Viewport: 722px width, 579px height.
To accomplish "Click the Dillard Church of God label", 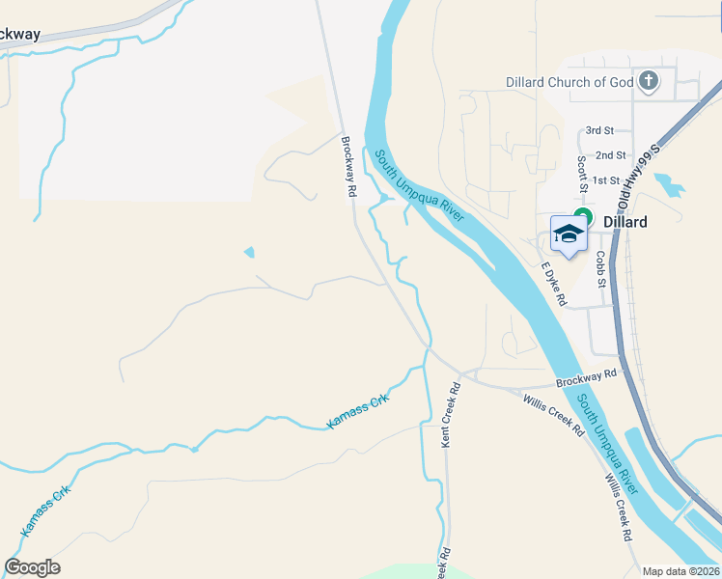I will pos(569,82).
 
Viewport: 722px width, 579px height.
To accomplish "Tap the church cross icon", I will pos(649,81).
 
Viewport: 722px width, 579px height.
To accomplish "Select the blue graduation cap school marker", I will pos(569,234).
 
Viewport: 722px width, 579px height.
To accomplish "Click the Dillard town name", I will pos(625,221).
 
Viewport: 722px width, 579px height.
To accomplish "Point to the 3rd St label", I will pos(599,130).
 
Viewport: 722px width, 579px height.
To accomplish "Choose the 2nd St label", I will pos(610,154).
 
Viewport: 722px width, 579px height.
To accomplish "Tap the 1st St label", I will pos(606,180).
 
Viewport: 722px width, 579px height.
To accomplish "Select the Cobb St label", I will pos(600,270).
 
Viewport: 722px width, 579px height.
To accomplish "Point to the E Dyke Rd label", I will pos(553,285).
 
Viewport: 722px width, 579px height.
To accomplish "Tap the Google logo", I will pos(32,567).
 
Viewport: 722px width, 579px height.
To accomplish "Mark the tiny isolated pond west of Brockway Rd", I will pos(250,253).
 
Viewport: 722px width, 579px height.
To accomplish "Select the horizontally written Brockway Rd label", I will pos(586,377).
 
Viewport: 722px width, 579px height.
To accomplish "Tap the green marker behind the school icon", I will pos(582,216).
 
